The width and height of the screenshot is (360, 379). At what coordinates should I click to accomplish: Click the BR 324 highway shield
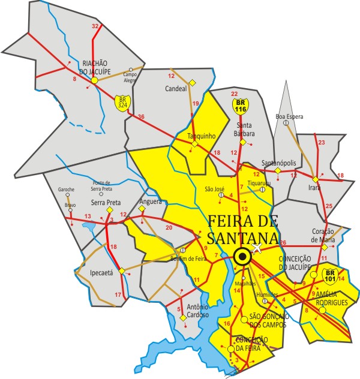click(x=123, y=102)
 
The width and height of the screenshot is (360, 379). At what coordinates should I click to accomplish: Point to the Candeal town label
click(x=176, y=89)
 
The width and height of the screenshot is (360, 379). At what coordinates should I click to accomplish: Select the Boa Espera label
click(x=289, y=116)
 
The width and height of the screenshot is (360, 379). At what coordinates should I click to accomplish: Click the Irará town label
click(x=315, y=187)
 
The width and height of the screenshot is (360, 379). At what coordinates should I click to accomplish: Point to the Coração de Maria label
click(x=326, y=236)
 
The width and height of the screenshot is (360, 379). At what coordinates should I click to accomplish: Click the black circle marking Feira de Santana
click(x=242, y=257)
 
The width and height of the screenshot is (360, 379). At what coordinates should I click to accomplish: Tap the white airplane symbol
click(x=257, y=248)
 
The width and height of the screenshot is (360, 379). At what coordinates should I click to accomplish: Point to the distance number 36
click(x=141, y=116)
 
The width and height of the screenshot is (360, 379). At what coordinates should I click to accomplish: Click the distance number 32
click(x=95, y=26)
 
